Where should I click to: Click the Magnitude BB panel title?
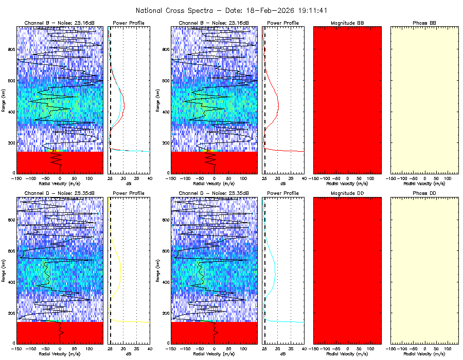pyautogui.click(x=347, y=23)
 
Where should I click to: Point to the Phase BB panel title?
pyautogui.click(x=424, y=23)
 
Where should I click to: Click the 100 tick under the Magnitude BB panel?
pyautogui.click(x=370, y=178)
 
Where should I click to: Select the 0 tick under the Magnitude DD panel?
pyautogui.click(x=348, y=348)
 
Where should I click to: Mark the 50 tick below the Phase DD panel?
pyautogui.click(x=436, y=348)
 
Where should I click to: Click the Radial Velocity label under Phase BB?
pyautogui.click(x=424, y=183)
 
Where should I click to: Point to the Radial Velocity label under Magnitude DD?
pyautogui.click(x=347, y=353)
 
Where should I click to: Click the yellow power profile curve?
pyautogui.click(x=121, y=267)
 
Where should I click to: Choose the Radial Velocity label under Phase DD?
pyautogui.click(x=424, y=353)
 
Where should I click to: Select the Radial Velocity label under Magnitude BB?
pyautogui.click(x=347, y=183)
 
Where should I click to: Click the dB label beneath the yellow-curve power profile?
pyautogui.click(x=129, y=353)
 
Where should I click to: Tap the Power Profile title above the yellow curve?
pyautogui.click(x=129, y=193)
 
